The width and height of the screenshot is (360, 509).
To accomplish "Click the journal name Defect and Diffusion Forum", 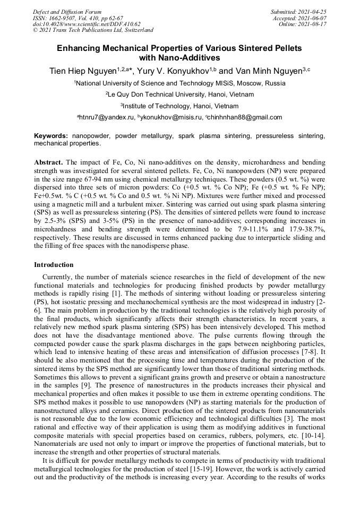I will point(67,12).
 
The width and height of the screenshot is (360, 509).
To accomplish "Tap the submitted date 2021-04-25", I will point(313,12).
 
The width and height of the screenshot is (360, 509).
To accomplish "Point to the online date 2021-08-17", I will point(313,24).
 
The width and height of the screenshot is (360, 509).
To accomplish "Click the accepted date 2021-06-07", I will point(313,18).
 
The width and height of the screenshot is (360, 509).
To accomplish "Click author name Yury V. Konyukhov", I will point(169,71).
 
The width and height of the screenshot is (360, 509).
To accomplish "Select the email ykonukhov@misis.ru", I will point(172,117).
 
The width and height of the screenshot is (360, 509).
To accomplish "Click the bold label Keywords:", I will point(52,136).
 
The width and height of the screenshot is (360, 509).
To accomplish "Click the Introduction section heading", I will point(54,264).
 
